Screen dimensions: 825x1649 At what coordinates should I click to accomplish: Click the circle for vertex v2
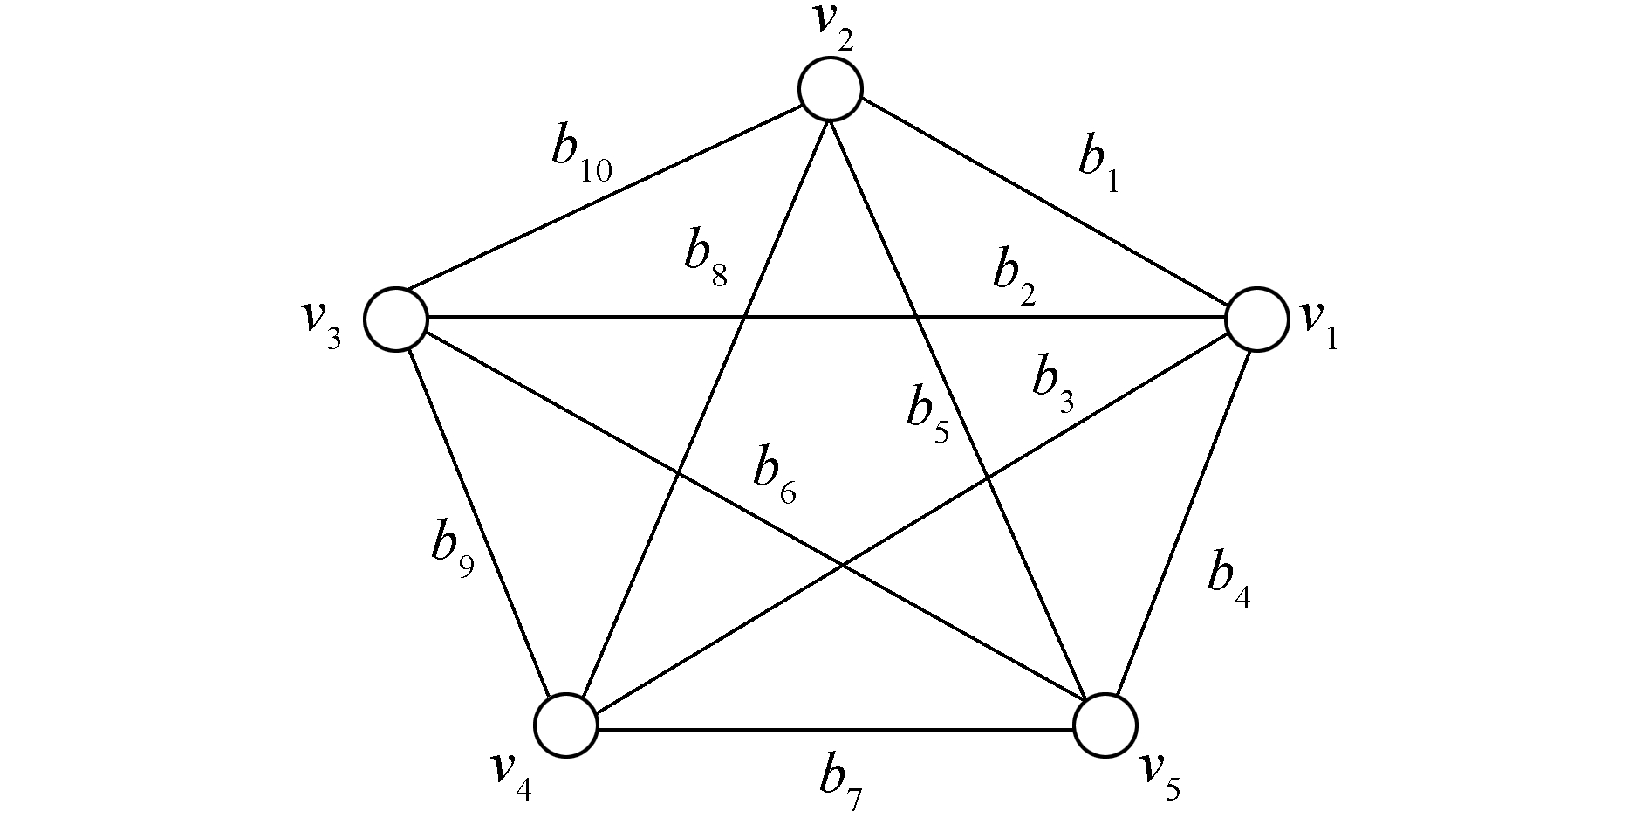pos(830,88)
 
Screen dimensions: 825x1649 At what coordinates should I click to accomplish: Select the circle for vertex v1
pos(1256,319)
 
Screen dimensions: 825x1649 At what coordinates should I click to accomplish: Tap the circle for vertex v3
pos(395,319)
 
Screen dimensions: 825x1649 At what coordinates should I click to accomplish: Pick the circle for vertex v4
pos(565,725)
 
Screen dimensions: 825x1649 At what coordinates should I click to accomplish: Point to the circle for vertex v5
pos(1105,725)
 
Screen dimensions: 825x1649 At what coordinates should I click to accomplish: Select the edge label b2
pos(1013,278)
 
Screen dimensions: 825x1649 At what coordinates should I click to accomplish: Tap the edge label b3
pos(1052,384)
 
